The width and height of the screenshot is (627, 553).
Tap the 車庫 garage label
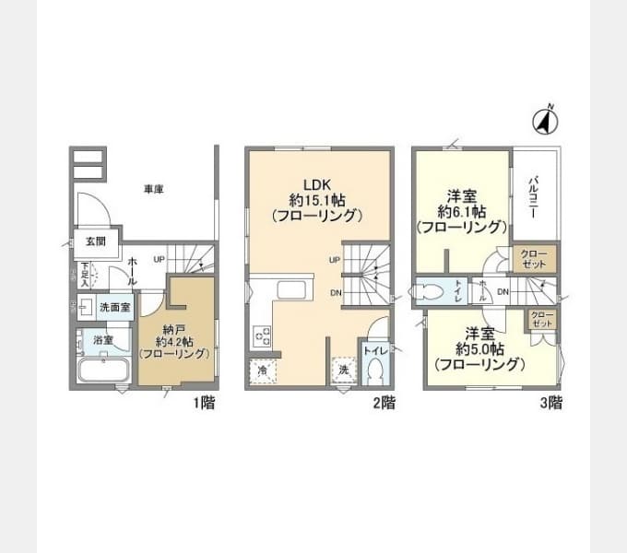coord(153,190)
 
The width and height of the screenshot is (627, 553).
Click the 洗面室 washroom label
coord(114,307)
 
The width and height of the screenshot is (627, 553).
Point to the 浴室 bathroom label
coord(103,340)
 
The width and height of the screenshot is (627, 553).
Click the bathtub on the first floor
coord(102,371)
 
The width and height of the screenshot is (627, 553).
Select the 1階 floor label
coord(203,403)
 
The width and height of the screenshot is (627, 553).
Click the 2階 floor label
coord(384,403)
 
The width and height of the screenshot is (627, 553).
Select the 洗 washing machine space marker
coord(342,370)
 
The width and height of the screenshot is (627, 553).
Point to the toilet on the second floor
coord(374,372)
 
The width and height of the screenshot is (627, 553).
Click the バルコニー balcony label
coord(533,195)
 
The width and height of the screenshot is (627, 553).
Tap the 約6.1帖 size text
coord(461,211)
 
